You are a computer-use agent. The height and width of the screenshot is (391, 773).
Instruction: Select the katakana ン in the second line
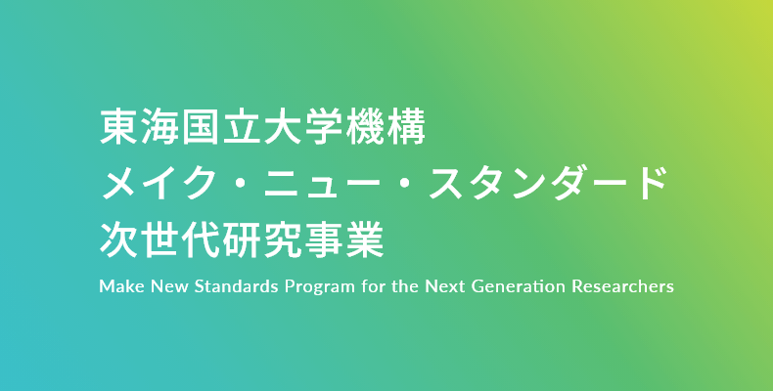pyautogui.click(x=527, y=183)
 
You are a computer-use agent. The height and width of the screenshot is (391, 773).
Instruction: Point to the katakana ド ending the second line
pyautogui.click(x=651, y=183)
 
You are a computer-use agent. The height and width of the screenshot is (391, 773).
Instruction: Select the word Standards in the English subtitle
pyautogui.click(x=236, y=286)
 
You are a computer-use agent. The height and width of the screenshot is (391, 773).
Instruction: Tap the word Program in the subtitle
pyautogui.click(x=319, y=287)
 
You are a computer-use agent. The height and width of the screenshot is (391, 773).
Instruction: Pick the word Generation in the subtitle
pyautogui.click(x=519, y=286)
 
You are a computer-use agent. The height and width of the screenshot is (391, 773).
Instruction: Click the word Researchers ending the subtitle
pyautogui.click(x=622, y=286)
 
